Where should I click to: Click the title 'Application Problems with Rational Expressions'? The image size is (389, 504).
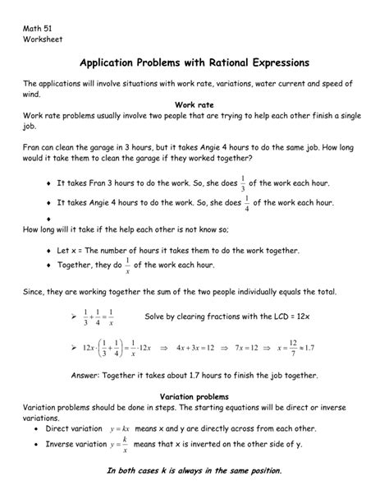click(x=194, y=62)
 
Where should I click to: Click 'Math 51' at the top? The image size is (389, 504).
click(x=38, y=27)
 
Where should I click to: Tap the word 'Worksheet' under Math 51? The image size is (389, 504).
click(x=43, y=39)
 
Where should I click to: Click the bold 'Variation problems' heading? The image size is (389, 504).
click(x=194, y=395)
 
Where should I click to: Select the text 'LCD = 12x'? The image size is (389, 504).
click(x=270, y=317)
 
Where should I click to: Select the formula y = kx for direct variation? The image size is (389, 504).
click(x=120, y=429)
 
